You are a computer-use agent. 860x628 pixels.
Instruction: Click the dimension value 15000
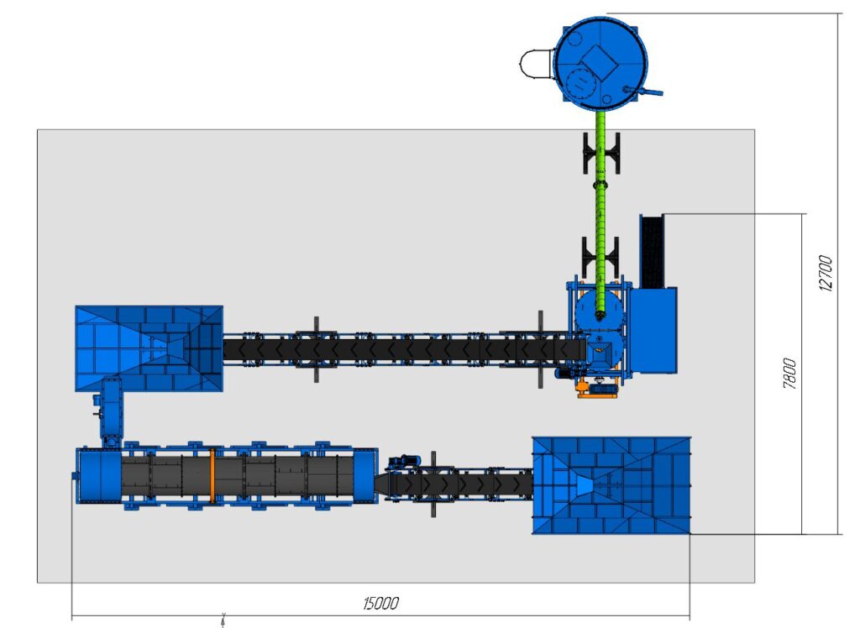(x=380, y=604)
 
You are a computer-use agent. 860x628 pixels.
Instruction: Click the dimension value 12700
(x=826, y=273)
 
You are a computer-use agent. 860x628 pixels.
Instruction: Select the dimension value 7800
(x=789, y=374)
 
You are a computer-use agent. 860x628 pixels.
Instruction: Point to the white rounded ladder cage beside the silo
(x=536, y=64)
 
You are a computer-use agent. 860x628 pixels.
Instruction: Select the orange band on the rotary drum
(x=212, y=475)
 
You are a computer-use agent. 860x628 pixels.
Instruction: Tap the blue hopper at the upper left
(x=149, y=348)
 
